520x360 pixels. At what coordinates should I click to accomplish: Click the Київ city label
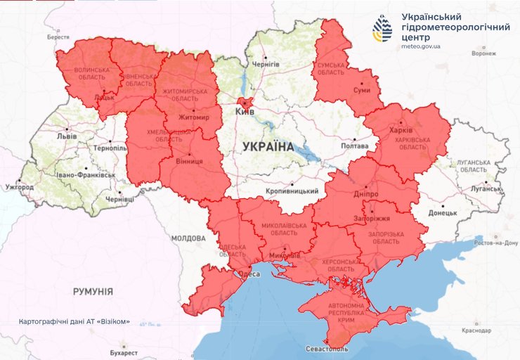coord(243,112)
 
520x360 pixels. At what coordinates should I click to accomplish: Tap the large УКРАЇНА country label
coord(268,147)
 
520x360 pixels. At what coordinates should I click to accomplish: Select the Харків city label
coord(401,131)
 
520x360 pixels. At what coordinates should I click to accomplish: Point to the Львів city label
coord(67,135)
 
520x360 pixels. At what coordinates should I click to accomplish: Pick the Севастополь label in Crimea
coord(327,349)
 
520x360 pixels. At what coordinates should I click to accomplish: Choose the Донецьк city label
coord(443,212)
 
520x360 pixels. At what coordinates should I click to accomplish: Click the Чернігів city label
coord(266,64)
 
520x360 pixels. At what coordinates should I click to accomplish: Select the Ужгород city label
coord(18,188)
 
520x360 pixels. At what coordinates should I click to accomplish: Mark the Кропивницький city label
coord(293,191)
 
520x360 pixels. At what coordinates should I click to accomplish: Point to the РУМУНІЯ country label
coord(93,290)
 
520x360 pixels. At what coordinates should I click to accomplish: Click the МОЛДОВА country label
coord(188,238)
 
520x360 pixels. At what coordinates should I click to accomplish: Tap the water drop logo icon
coord(383,29)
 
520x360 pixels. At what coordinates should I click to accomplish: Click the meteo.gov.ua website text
coord(421,46)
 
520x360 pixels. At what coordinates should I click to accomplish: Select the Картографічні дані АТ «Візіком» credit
coord(75,321)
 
